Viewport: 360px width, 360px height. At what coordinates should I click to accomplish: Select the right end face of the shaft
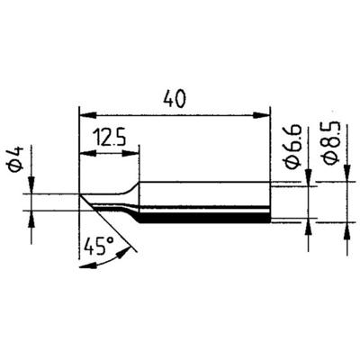coord(270,202)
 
